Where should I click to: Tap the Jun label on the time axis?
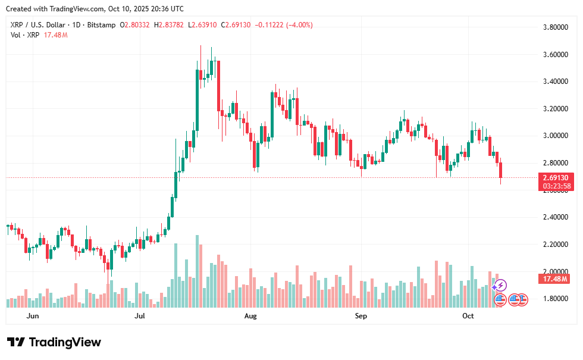tap(33, 317)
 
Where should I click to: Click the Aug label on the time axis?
tap(250, 317)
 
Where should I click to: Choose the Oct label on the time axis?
tap(468, 317)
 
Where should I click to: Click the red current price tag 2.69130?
tap(556, 177)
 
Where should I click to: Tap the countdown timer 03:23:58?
tap(556, 186)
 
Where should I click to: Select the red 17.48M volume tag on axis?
tap(556, 278)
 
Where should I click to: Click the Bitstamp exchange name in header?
tap(101, 25)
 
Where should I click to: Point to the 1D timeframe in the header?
tap(75, 25)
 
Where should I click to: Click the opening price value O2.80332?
tap(136, 25)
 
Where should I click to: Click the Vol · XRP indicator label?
tap(24, 35)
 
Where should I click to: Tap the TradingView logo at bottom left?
tap(54, 342)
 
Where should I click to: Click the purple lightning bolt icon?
tap(501, 286)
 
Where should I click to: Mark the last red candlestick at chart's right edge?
tap(501, 170)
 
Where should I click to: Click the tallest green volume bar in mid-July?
tap(197, 271)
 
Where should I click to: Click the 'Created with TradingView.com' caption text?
tap(95, 9)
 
